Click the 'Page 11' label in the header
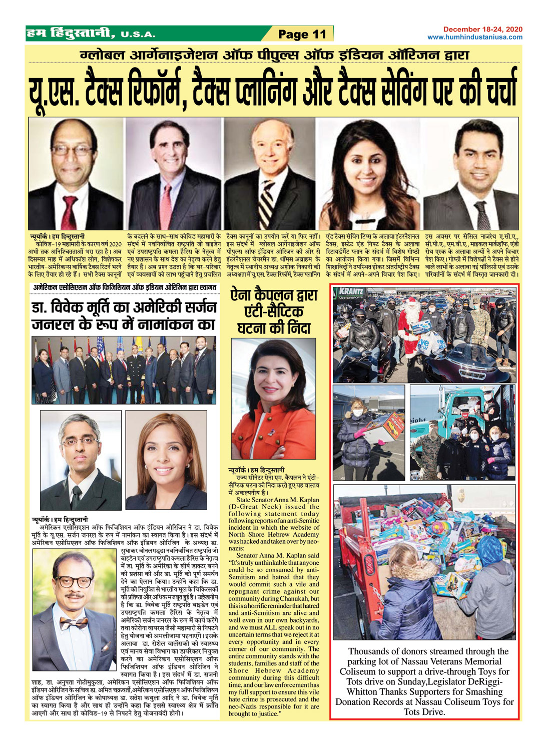click(302, 34)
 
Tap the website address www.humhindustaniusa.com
click(475, 37)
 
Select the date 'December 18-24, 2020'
click(482, 30)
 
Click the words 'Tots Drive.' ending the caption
click(424, 712)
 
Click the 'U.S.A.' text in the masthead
click(138, 35)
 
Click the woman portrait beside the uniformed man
click(166, 459)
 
